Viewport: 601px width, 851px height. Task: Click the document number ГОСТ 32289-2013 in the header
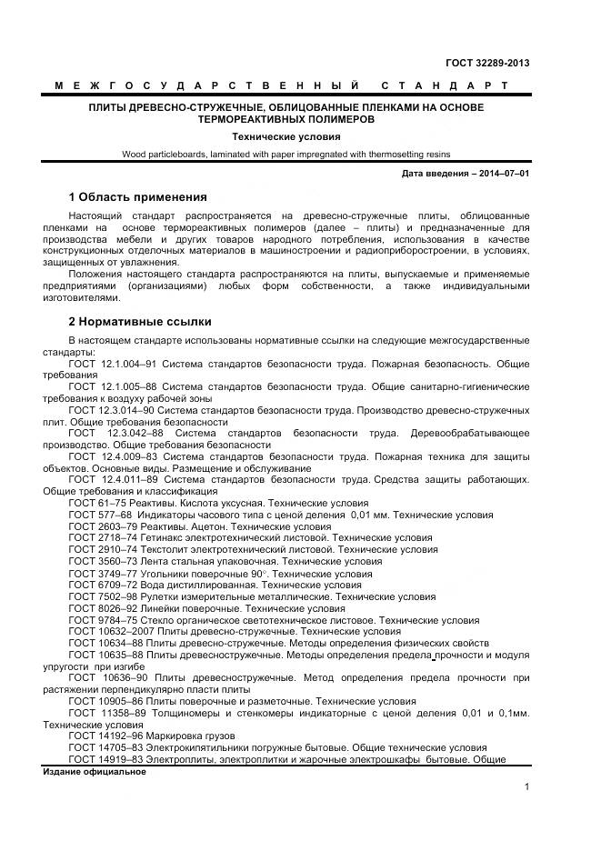tap(487, 63)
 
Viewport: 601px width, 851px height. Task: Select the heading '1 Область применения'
tap(137, 196)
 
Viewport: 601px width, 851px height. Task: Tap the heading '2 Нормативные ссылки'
tap(140, 321)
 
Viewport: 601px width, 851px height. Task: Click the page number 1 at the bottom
tap(526, 786)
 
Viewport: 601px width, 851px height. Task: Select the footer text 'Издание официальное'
tap(95, 771)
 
